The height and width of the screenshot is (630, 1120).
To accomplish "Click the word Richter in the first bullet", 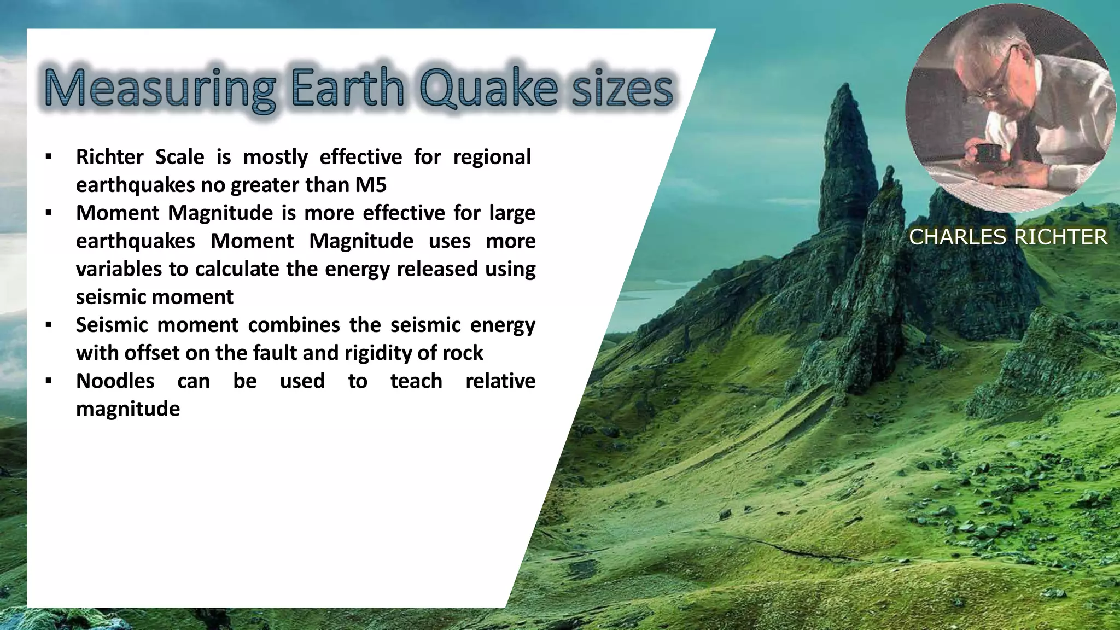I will (109, 157).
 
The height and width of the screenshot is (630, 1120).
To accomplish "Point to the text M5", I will (371, 185).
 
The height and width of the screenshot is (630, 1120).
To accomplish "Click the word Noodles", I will (115, 381).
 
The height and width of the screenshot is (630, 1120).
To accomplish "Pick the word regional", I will (492, 157).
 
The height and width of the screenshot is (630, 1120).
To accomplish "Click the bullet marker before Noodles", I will (49, 381).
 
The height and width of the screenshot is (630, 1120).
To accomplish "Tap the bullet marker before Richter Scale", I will (49, 157).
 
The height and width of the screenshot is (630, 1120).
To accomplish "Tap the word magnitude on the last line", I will (127, 409).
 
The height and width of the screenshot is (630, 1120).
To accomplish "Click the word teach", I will (416, 381).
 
